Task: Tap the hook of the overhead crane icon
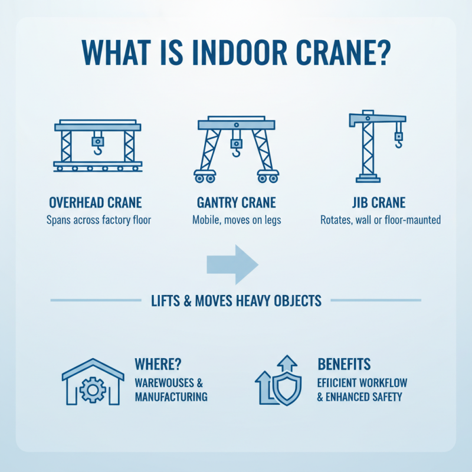tap(97, 152)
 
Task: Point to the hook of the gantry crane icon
tap(236, 155)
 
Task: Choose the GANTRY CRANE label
tap(236, 204)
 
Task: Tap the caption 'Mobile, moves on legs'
tap(236, 220)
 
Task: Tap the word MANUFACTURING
tap(171, 396)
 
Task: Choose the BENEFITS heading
tap(345, 363)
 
